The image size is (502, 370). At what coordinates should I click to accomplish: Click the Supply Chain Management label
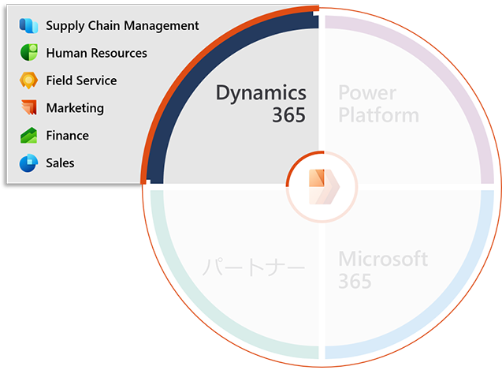point(122,25)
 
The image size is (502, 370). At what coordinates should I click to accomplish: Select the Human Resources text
point(96,53)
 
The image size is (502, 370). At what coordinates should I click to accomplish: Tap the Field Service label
point(81,80)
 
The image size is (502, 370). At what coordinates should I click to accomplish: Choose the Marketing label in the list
point(75,108)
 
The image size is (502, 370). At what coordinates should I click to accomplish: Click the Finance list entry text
point(67,136)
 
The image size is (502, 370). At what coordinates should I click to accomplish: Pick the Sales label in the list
point(60,163)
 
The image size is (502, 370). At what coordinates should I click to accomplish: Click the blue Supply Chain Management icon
point(29,25)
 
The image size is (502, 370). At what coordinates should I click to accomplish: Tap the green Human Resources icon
point(29,53)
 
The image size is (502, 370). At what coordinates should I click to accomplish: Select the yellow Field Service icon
point(29,80)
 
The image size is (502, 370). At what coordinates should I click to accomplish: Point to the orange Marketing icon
point(29,108)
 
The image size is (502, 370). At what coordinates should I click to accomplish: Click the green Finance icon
point(29,136)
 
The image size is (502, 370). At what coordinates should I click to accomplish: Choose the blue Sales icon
point(29,163)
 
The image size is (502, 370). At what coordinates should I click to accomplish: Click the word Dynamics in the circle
point(261,93)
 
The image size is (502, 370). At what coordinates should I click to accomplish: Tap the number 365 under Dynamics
point(288,115)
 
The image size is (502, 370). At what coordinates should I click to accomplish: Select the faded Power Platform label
point(378,104)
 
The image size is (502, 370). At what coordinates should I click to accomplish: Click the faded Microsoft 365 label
point(382,269)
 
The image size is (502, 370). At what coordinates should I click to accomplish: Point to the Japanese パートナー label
point(253,268)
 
